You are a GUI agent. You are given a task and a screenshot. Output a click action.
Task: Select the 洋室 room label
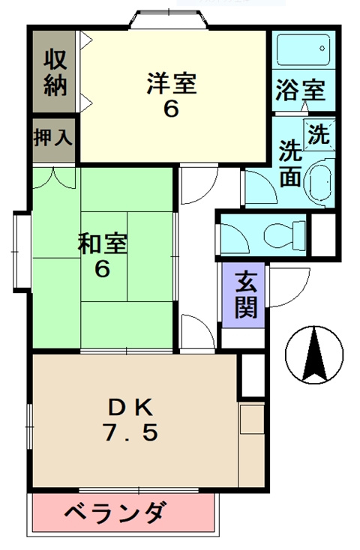(171, 82)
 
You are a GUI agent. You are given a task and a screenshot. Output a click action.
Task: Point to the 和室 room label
(103, 244)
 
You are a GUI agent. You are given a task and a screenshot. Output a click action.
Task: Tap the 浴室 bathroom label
(301, 89)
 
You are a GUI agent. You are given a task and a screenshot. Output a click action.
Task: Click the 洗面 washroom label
(290, 163)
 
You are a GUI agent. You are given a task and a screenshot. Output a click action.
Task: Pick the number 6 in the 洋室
(171, 109)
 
